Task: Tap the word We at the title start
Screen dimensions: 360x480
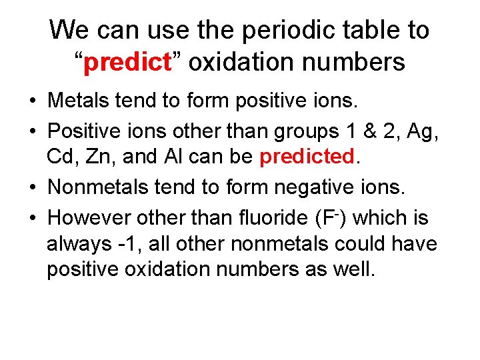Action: click(x=69, y=30)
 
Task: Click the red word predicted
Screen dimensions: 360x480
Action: click(x=306, y=157)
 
